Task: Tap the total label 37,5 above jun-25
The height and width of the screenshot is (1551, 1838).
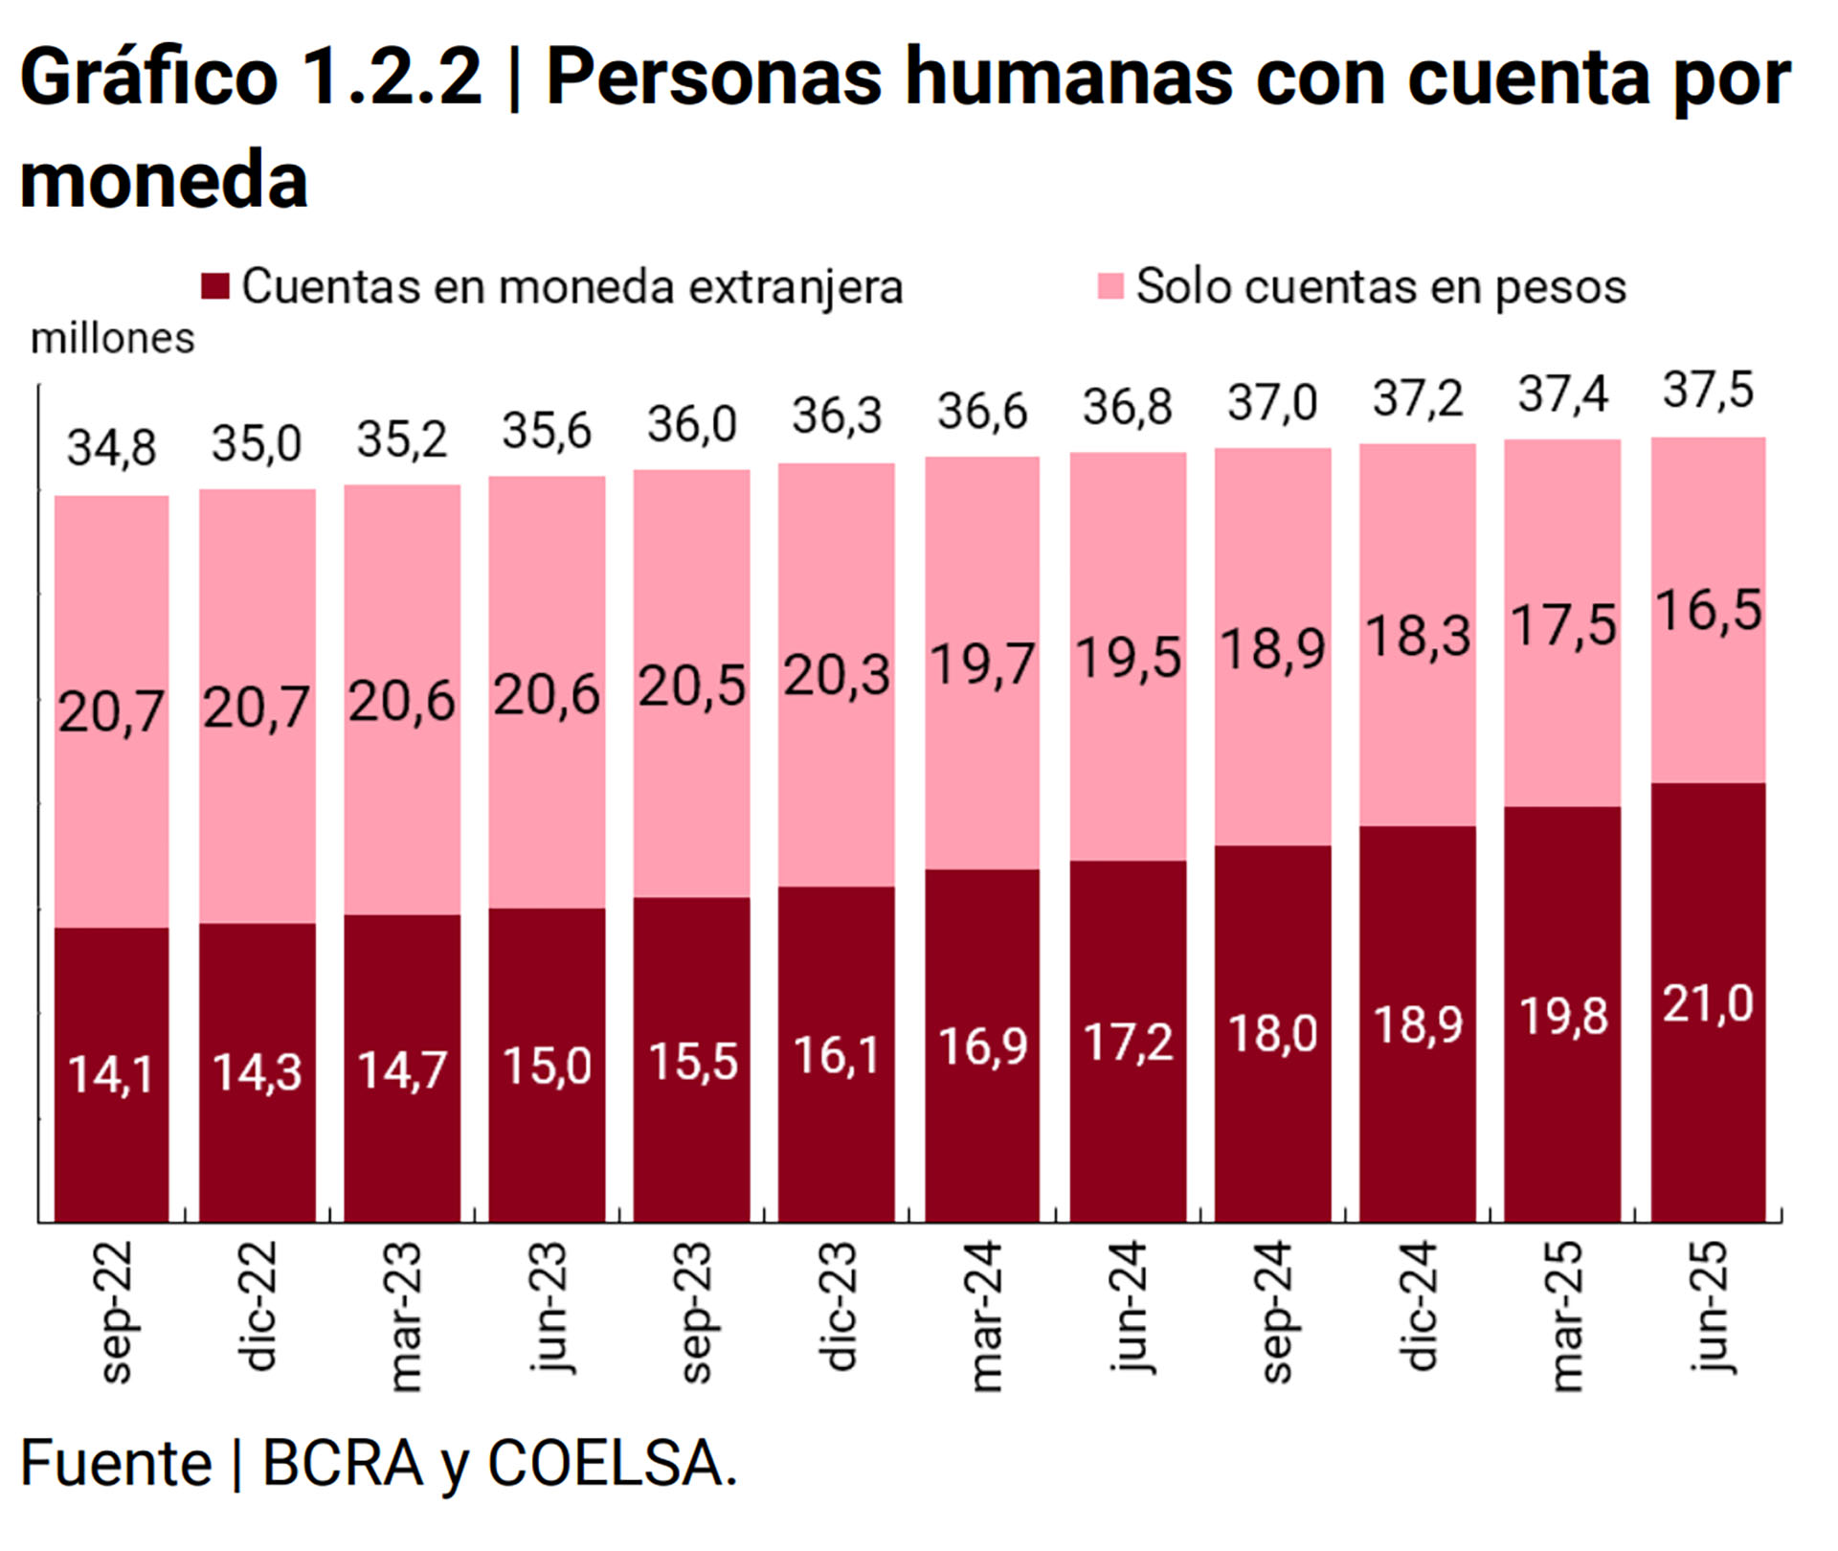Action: (1707, 391)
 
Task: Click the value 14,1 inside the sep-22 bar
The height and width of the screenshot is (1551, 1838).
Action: (111, 1073)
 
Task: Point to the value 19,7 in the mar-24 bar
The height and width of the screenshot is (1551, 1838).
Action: (982, 664)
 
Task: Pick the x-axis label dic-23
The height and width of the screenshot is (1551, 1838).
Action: (838, 1307)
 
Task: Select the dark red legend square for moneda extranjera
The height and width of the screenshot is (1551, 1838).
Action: (215, 285)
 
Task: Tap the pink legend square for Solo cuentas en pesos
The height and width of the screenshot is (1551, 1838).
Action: (1110, 285)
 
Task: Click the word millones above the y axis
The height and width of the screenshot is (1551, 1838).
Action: (113, 339)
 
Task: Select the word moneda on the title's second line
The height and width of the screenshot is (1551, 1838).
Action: (164, 179)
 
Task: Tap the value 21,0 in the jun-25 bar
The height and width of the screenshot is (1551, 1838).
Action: (1707, 1004)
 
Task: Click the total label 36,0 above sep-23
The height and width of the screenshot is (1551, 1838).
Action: (691, 424)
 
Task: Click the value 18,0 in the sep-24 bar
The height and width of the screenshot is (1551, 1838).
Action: (1272, 1034)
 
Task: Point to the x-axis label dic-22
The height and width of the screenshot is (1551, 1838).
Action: (257, 1307)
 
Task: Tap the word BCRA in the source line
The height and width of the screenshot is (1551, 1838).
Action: (342, 1463)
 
